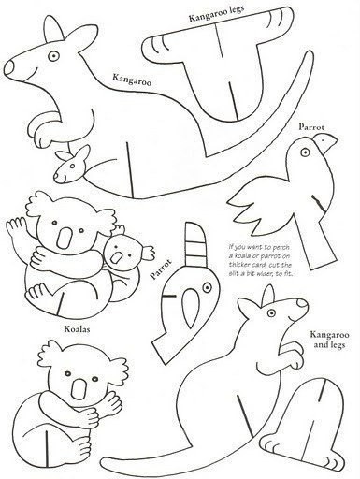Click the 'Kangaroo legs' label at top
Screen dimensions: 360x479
(x=217, y=13)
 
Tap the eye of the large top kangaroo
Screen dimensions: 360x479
(x=54, y=56)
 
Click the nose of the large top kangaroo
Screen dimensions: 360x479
(x=9, y=66)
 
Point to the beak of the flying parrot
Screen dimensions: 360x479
(x=325, y=143)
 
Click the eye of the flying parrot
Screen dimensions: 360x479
(x=305, y=152)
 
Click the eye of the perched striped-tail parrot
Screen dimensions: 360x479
(x=207, y=287)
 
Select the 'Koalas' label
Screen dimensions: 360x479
(x=77, y=328)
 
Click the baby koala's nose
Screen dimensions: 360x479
(x=117, y=257)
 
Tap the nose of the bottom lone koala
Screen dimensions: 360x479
(x=79, y=388)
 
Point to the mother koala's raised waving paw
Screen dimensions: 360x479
(x=16, y=227)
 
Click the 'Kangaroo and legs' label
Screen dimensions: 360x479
(x=329, y=340)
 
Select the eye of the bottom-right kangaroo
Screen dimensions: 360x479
(x=271, y=312)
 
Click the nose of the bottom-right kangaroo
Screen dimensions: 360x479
(x=302, y=303)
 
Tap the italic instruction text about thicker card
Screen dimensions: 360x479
(x=260, y=260)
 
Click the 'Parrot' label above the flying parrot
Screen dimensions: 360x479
(x=311, y=127)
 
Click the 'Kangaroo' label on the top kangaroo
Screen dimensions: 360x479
(x=132, y=80)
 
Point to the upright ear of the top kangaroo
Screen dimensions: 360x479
(x=54, y=29)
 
